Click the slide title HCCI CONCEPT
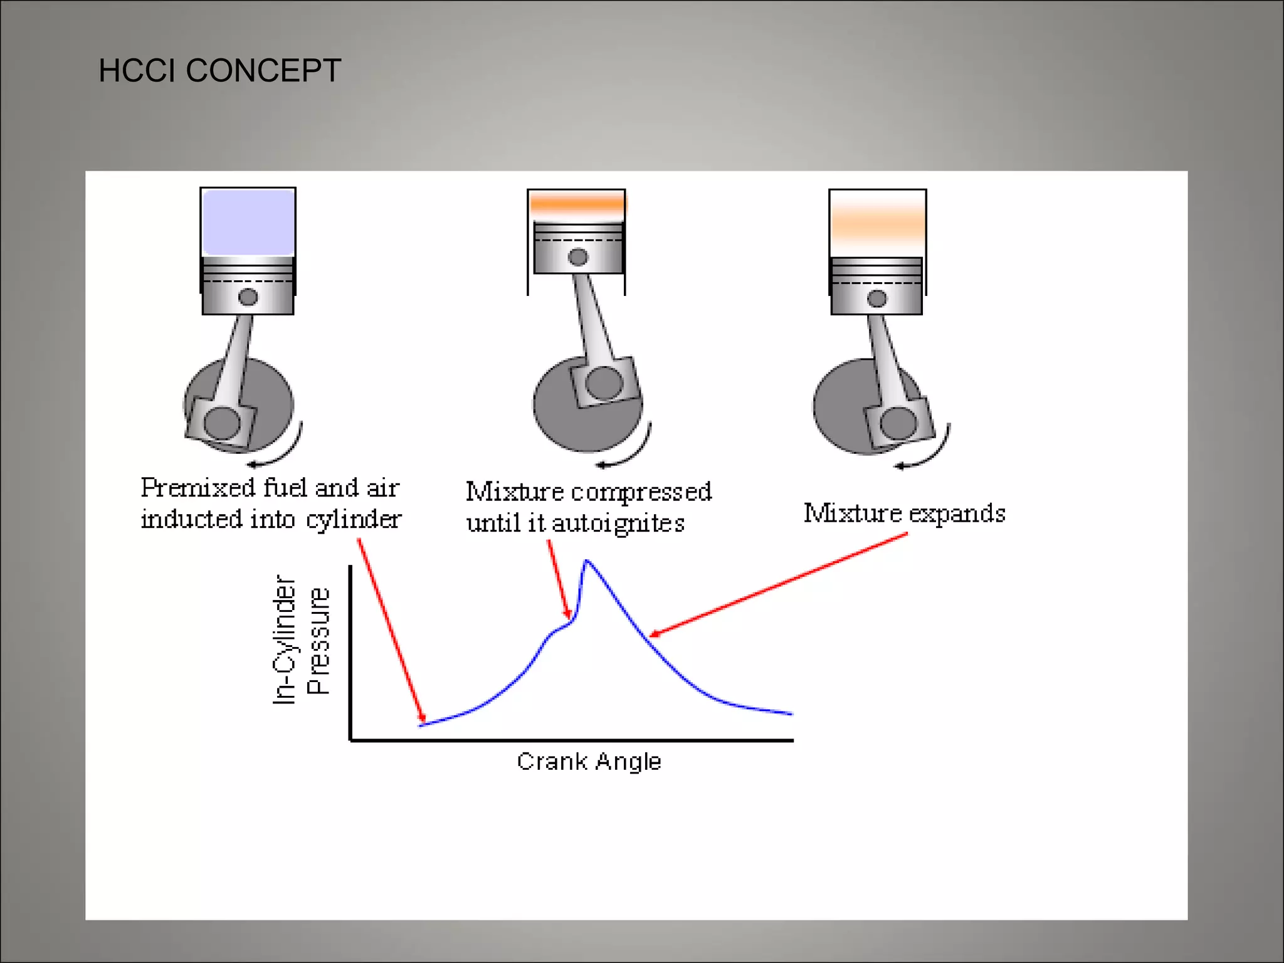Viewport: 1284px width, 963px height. coord(219,70)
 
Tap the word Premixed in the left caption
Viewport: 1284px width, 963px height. coord(197,488)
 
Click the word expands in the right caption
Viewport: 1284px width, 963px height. coord(957,513)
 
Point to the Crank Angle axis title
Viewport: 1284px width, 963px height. coord(589,761)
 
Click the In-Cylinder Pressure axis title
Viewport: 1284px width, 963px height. coord(301,639)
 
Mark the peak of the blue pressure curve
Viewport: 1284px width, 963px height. coord(586,561)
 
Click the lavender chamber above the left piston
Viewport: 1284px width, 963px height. coord(248,222)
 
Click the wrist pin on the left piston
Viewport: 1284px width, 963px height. coord(248,297)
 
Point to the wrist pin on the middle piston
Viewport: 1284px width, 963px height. coord(578,257)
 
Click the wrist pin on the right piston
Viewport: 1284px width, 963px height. coord(877,299)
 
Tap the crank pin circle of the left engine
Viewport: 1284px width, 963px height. coord(222,423)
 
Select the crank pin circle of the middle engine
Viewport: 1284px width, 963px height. coord(604,382)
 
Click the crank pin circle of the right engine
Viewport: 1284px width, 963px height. coord(898,423)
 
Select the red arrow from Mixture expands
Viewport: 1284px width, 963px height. coord(777,584)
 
